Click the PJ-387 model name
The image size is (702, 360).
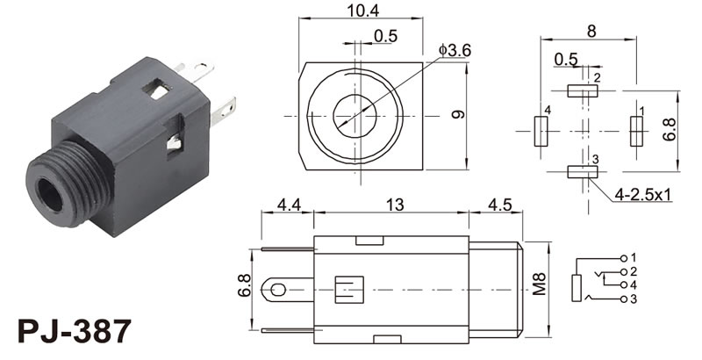pyautogui.click(x=75, y=331)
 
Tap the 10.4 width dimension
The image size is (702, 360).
pyautogui.click(x=363, y=11)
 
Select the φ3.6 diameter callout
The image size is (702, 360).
pyautogui.click(x=455, y=51)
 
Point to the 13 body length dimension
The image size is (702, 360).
pyautogui.click(x=395, y=205)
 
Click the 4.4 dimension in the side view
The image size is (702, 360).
pyautogui.click(x=289, y=205)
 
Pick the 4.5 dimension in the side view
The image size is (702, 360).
pyautogui.click(x=499, y=205)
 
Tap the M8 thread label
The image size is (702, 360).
pyautogui.click(x=540, y=284)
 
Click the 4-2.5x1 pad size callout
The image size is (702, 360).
pyautogui.click(x=643, y=195)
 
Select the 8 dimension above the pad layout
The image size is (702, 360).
pyautogui.click(x=591, y=32)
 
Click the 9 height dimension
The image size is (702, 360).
pyautogui.click(x=457, y=114)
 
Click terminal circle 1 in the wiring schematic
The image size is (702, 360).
pyautogui.click(x=624, y=258)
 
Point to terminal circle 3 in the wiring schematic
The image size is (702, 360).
pyautogui.click(x=624, y=299)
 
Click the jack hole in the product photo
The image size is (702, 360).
pyautogui.click(x=50, y=195)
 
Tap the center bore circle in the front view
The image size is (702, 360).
pyautogui.click(x=355, y=116)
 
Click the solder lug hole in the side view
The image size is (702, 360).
pyautogui.click(x=278, y=290)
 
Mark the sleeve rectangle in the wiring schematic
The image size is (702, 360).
pyautogui.click(x=577, y=288)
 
